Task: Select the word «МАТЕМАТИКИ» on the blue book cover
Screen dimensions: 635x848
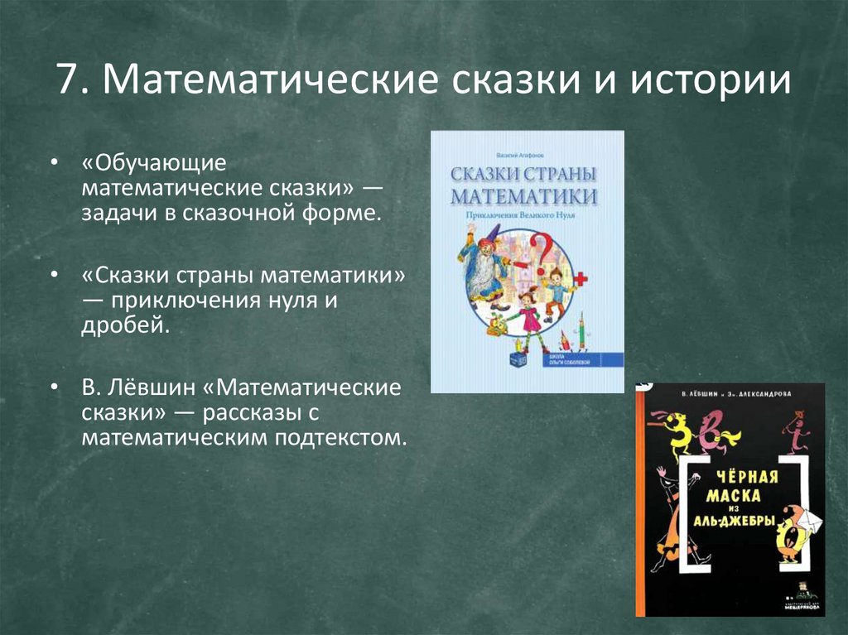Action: coord(524,197)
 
